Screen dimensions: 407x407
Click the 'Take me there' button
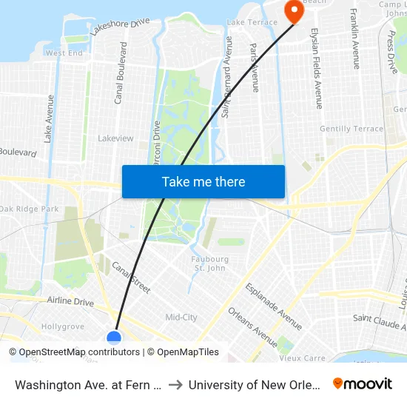[203, 181]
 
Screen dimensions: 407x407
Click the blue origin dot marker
[114, 338]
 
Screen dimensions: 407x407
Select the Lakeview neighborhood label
[115, 138]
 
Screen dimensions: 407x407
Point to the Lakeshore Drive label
[120, 28]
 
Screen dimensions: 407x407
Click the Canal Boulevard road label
[120, 73]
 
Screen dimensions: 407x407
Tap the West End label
[64, 53]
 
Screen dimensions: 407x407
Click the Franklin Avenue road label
[354, 38]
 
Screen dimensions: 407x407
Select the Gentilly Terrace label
[351, 129]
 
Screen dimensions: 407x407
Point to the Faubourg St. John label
[210, 263]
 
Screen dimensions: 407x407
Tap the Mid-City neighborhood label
[181, 317]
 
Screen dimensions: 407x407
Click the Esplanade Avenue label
[274, 306]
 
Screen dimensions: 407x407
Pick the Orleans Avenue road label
[252, 327]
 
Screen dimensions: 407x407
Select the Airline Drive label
[70, 302]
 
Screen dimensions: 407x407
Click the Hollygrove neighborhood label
[63, 326]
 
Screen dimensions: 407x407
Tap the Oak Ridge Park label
[30, 209]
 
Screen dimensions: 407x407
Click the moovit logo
[363, 383]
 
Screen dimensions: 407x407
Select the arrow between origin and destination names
[175, 384]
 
